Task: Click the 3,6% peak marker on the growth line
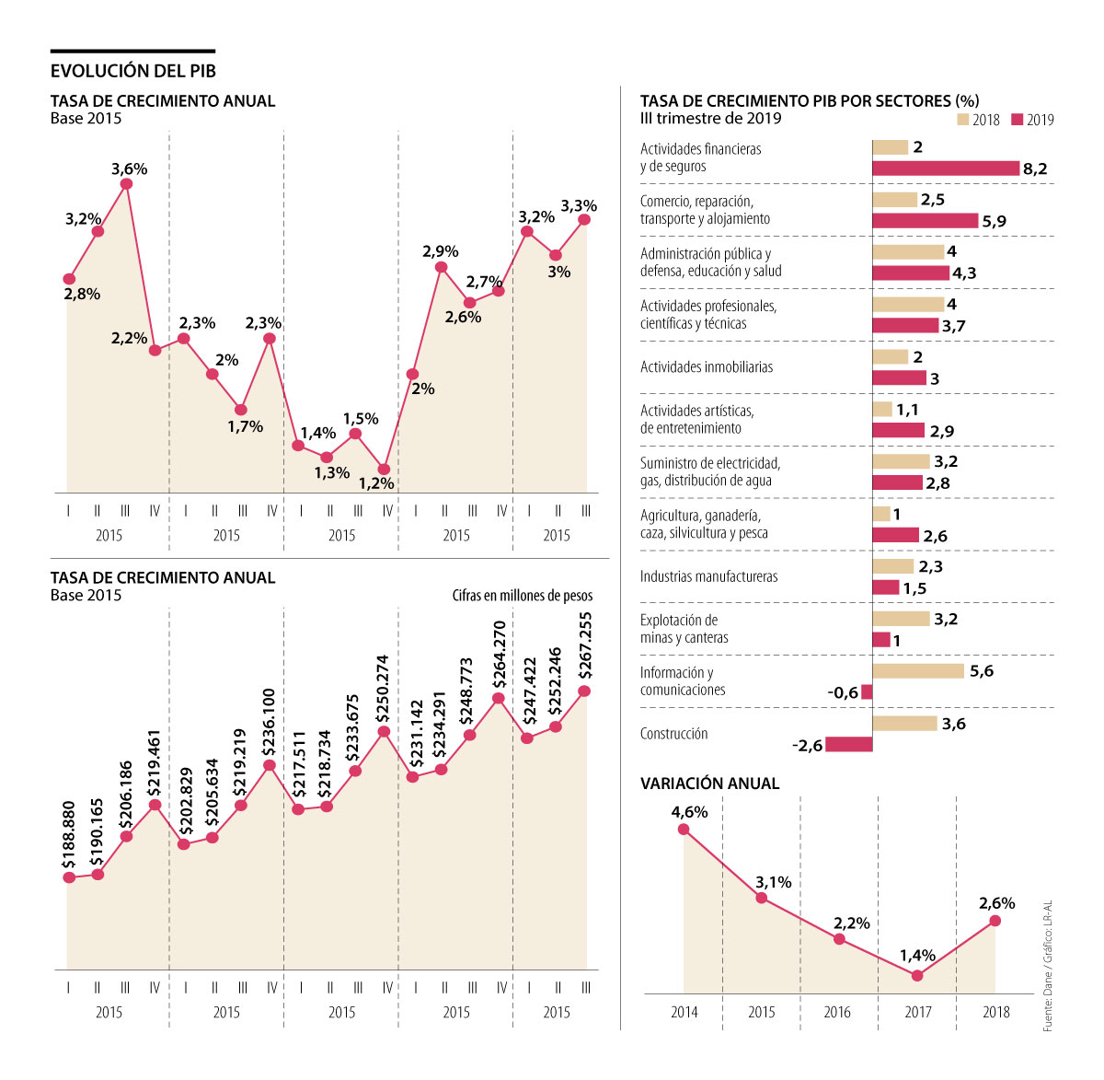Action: click(x=126, y=184)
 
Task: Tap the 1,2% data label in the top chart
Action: click(x=376, y=483)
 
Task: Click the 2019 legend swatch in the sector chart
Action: click(x=1018, y=120)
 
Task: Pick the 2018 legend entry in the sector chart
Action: click(x=978, y=120)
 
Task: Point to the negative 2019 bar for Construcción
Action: click(x=848, y=744)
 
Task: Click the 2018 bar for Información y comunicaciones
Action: click(x=918, y=671)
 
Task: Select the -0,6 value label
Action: click(x=842, y=692)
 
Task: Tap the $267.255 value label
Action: click(x=586, y=645)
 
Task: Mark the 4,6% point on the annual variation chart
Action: click(x=684, y=830)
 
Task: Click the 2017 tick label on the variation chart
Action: click(x=918, y=1012)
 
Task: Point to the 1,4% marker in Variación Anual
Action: click(x=917, y=975)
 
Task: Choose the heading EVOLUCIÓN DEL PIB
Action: click(x=132, y=71)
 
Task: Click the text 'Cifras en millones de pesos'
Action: click(x=523, y=596)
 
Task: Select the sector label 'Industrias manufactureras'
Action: click(x=708, y=576)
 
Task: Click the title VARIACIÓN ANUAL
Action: click(x=709, y=784)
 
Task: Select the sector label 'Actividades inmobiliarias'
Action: click(x=707, y=366)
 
